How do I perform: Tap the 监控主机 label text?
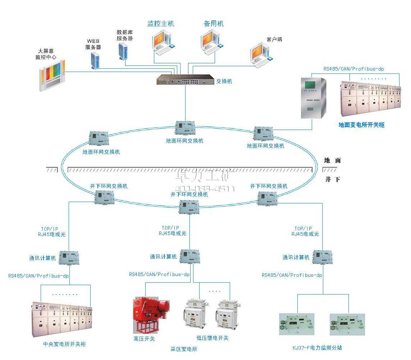tap(161, 24)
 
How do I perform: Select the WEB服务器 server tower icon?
tap(95, 60)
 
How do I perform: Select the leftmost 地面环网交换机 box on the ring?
tap(99, 139)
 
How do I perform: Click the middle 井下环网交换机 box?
tap(189, 207)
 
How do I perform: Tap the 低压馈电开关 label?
tap(212, 338)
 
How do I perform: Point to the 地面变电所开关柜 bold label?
tap(361, 125)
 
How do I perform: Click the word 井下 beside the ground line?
tap(332, 179)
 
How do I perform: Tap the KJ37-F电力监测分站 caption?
tap(317, 348)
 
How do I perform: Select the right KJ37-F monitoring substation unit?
tap(347, 324)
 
